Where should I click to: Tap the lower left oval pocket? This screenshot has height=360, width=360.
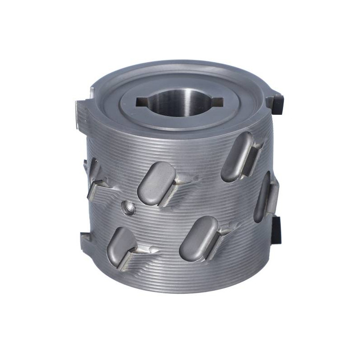coord(119,246)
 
